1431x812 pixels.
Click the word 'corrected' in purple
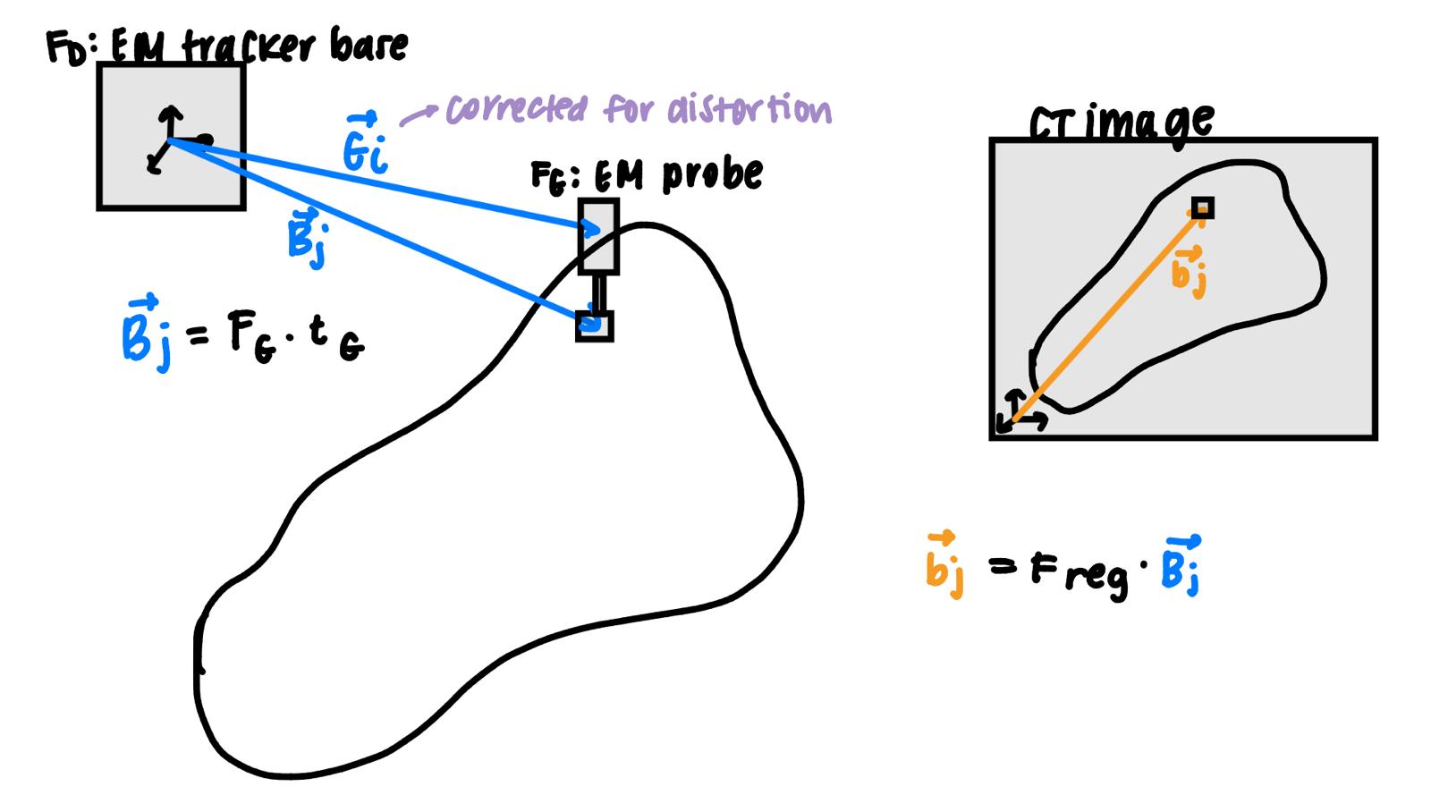(516, 110)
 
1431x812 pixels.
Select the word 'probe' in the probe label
(713, 173)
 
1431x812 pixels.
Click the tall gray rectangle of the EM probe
(598, 236)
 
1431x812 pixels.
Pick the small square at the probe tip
(595, 326)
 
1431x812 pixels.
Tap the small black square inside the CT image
(1203, 208)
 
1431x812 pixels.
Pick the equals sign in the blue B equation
(198, 337)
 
